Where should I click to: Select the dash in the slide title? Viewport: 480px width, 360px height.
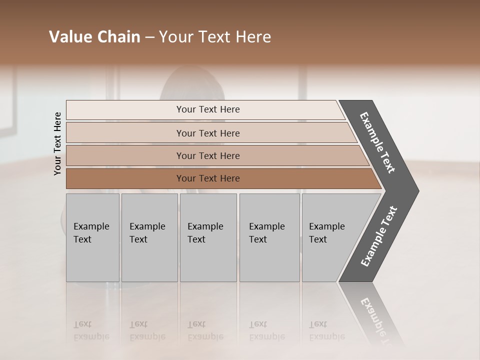[149, 37]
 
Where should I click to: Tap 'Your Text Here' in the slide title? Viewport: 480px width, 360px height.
[215, 37]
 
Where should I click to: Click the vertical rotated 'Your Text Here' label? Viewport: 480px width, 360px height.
[57, 143]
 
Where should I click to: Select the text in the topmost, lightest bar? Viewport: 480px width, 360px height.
[208, 109]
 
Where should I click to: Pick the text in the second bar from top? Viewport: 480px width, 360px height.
[208, 133]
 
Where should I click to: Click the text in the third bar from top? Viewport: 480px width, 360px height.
[208, 155]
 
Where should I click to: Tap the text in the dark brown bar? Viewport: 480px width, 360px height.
[208, 178]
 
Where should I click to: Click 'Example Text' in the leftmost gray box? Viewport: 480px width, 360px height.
[91, 233]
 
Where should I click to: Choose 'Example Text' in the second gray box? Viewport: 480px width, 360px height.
[147, 233]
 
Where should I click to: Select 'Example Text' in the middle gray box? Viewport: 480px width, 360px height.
[205, 233]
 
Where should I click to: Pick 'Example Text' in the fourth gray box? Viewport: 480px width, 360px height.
[266, 233]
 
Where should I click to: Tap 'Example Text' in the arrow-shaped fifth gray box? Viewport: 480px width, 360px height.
[326, 233]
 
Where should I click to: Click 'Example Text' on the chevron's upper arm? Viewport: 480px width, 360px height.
[377, 143]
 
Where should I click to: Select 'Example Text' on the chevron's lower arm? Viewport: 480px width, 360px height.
[379, 236]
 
